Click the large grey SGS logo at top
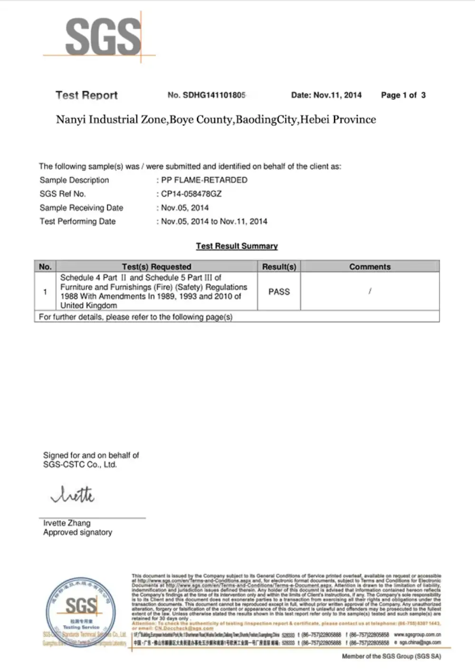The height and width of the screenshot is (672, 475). click(103, 37)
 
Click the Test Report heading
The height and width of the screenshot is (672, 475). click(86, 95)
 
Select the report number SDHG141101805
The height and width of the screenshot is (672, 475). click(214, 95)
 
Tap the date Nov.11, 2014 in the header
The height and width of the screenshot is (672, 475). click(337, 95)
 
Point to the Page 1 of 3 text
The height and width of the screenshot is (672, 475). click(403, 95)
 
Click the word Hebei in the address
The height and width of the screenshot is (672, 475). click(314, 119)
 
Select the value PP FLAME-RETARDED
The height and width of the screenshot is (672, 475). click(204, 180)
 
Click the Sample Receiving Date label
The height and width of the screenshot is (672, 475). click(81, 208)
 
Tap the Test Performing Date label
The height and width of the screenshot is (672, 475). click(77, 221)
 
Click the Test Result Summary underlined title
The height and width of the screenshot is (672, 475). click(237, 246)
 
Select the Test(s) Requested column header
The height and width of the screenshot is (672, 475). click(156, 266)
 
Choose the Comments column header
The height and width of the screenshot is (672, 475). click(370, 266)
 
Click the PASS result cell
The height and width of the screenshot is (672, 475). click(279, 292)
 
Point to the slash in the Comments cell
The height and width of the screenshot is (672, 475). click(370, 291)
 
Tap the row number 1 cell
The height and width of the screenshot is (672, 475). click(45, 292)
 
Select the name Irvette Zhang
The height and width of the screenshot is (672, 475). click(66, 523)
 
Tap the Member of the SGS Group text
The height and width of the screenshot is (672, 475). click(391, 656)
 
